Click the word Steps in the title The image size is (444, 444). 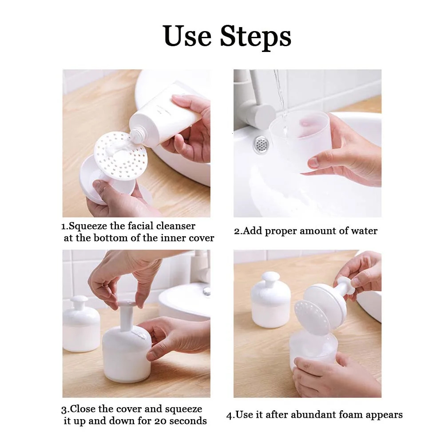pyautogui.click(x=255, y=36)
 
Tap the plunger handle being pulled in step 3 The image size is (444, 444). pyautogui.click(x=127, y=316)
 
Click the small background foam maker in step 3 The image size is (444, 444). pyautogui.click(x=81, y=324)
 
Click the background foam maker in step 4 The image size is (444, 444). pyautogui.click(x=270, y=300)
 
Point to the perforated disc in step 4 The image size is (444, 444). pyautogui.click(x=312, y=318)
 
